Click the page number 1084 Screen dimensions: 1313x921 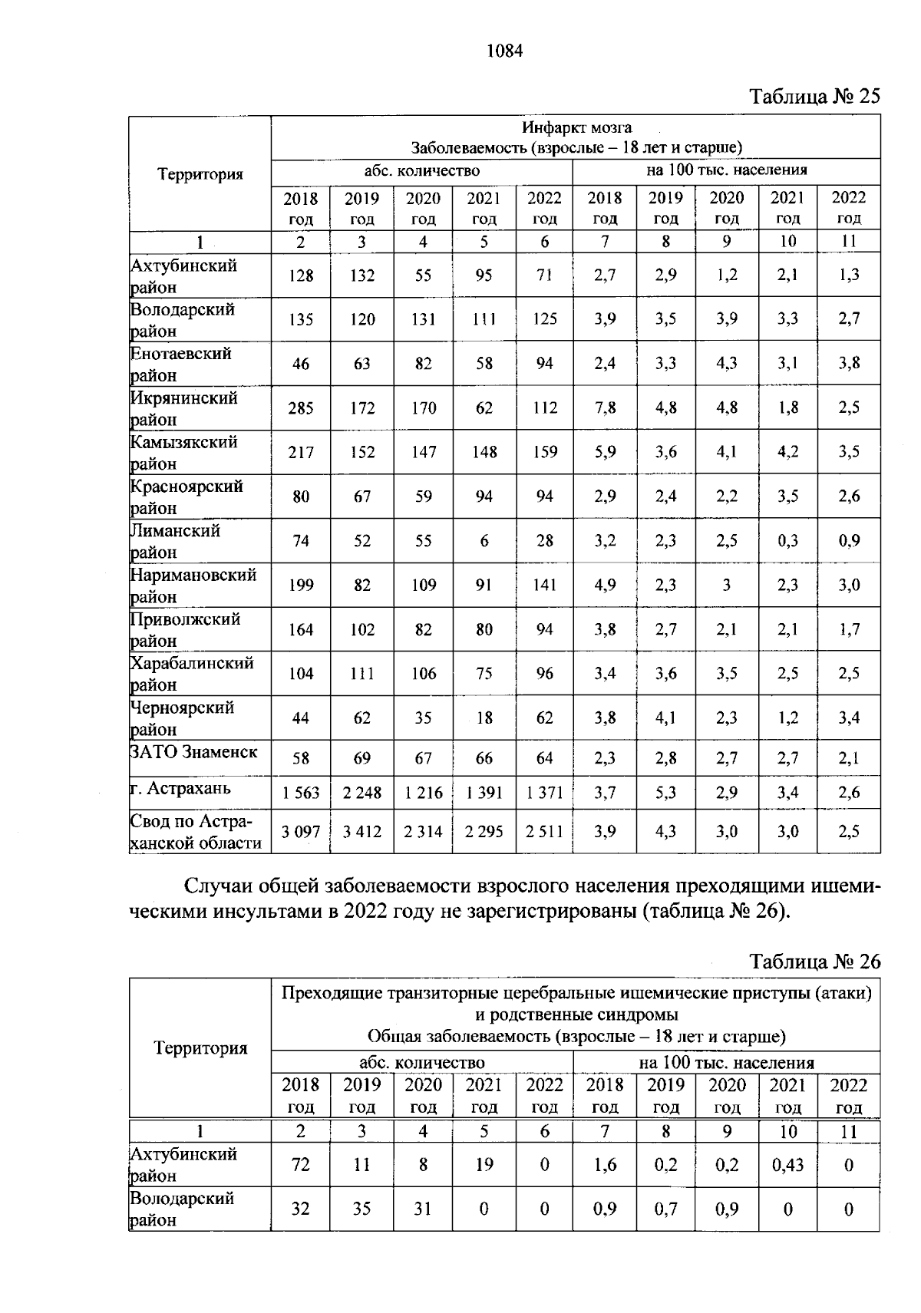504,51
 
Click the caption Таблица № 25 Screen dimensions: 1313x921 814,97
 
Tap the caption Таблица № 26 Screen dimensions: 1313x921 814,962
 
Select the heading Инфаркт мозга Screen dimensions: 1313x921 576,127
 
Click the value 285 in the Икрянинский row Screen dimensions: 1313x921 301,408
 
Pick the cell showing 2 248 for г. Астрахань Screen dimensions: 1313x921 361,793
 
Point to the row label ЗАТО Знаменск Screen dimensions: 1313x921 193,752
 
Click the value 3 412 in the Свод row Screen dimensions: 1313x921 361,832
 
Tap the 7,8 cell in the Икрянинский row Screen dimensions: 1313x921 605,408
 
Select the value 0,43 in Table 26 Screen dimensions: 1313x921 787,1165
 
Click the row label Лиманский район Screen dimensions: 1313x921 176,541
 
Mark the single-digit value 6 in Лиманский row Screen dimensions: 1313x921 484,541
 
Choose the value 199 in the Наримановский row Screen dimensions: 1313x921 301,586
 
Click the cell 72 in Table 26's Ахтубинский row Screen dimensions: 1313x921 301,1165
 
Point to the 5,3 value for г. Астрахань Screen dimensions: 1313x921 665,793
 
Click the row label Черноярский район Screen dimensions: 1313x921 183,718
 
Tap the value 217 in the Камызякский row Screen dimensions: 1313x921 301,453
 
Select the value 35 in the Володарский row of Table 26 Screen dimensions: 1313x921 361,1209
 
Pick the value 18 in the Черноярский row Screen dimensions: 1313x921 484,718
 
